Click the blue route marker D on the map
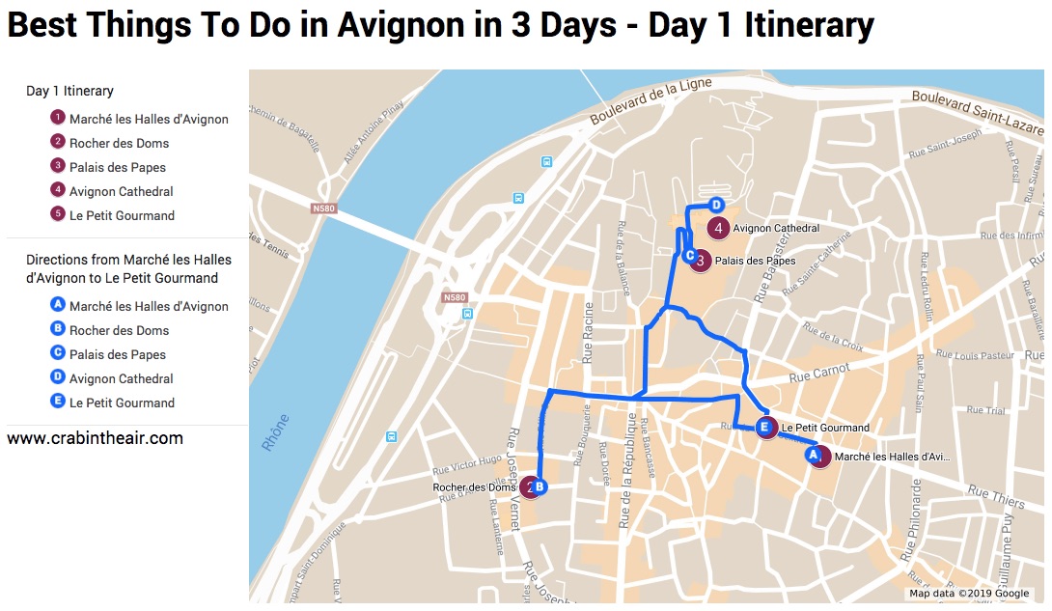pos(716,205)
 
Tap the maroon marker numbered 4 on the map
pos(718,229)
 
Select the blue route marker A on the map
pos(813,453)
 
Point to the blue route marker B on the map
pos(540,487)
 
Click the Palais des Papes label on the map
pos(756,261)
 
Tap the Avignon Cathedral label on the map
pos(776,229)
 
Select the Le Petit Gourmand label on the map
pos(825,428)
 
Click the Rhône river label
pos(276,433)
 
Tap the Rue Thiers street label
pos(995,497)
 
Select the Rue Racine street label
pos(587,332)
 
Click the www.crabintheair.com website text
pos(95,438)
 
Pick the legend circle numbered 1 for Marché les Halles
pos(58,119)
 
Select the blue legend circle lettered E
pos(58,403)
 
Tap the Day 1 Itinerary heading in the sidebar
pos(69,91)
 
